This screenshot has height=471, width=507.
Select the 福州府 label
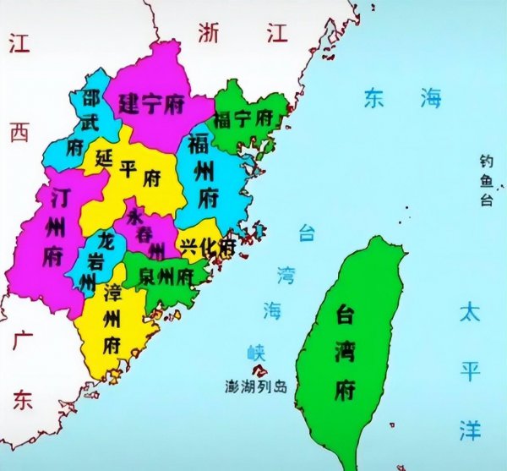[206, 170]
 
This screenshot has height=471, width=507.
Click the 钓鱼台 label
[486, 179]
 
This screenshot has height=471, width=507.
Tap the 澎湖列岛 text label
[256, 387]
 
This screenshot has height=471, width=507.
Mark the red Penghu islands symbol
[260, 370]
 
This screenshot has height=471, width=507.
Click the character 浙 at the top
[210, 32]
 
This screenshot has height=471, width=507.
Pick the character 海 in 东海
[431, 99]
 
